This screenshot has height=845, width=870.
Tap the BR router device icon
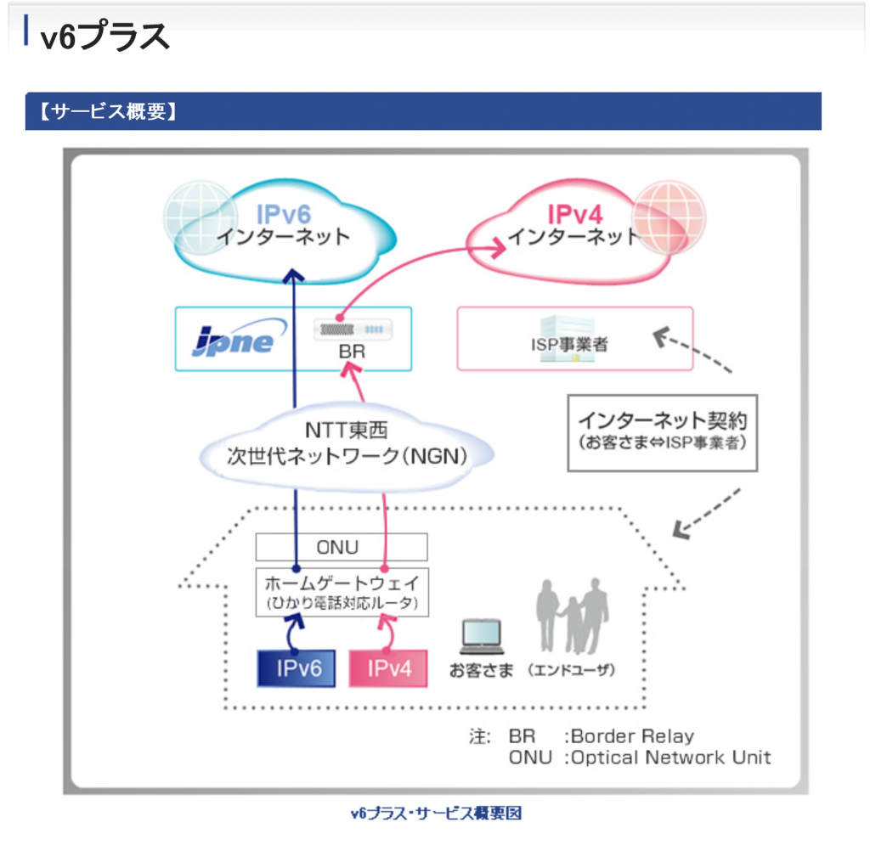(353, 330)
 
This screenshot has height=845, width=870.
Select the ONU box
(342, 547)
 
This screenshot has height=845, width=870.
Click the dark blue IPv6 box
(297, 668)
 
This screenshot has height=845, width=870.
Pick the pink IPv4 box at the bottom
(388, 668)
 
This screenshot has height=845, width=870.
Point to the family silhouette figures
(572, 616)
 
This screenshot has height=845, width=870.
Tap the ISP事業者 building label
(569, 344)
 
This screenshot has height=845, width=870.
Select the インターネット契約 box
(663, 433)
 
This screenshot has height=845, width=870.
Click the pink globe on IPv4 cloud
(668, 217)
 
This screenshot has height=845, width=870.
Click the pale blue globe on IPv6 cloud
(201, 217)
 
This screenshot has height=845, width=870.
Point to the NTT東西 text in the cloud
(347, 430)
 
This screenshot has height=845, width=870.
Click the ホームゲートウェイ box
(342, 592)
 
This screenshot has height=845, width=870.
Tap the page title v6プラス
(105, 36)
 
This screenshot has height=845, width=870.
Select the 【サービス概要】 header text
(109, 111)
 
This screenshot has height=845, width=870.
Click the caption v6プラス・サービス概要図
(436, 813)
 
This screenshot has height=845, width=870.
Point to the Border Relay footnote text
(632, 735)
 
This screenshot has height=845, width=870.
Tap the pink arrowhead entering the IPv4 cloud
(496, 247)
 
